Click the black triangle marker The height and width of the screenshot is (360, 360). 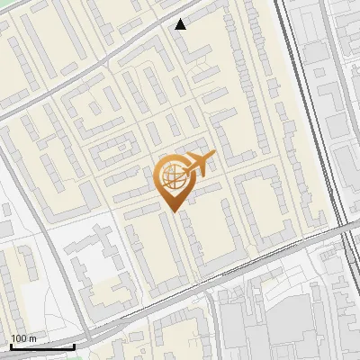tap(181, 24)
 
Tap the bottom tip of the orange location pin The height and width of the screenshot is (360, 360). tap(173, 210)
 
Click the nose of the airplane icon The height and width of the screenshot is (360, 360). tap(214, 157)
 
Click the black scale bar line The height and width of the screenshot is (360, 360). tap(41, 346)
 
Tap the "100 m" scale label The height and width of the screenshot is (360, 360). tap(23, 338)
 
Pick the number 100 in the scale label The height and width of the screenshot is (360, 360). tap(19, 338)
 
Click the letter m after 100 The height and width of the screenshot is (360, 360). tap(33, 338)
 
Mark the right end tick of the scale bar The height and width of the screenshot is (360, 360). tap(74, 345)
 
